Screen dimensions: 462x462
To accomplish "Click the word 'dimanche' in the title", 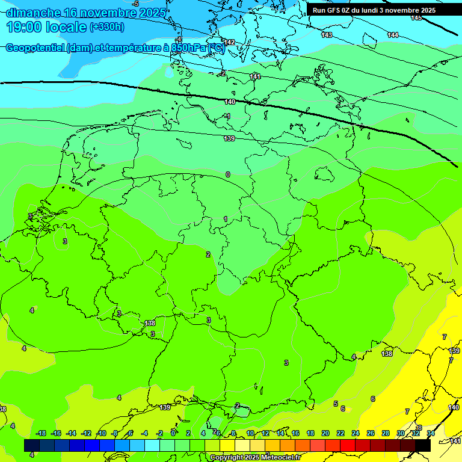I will click(x=33, y=12).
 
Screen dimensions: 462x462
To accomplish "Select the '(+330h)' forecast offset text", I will click(x=106, y=26).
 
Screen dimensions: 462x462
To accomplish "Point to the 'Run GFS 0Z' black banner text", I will click(x=339, y=10).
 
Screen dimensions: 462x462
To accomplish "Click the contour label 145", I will click(x=416, y=18).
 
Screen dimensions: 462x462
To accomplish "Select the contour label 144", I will click(x=393, y=35).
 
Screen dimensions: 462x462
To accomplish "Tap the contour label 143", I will click(x=327, y=35).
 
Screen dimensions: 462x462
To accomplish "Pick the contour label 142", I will click(x=229, y=42).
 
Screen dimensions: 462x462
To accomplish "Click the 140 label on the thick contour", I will click(x=230, y=102).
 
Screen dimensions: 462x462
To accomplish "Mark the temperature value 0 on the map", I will click(x=227, y=174).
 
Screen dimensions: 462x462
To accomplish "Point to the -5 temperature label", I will click(x=135, y=4).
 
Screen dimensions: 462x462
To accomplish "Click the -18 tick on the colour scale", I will click(x=41, y=433).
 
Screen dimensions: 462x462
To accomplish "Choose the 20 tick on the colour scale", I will click(x=325, y=433).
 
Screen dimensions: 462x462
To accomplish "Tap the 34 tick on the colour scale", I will click(x=431, y=433).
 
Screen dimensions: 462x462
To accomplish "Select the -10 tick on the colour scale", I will click(x=101, y=433).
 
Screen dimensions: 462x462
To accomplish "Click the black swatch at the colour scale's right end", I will click(x=423, y=445).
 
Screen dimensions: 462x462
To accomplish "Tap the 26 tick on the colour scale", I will click(x=371, y=433).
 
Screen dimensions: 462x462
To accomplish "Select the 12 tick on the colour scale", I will click(x=265, y=433).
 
